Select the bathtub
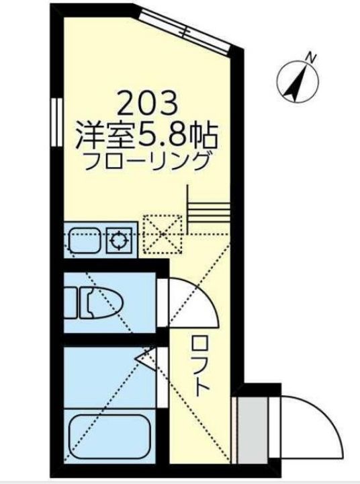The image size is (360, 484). tap(111, 434)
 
